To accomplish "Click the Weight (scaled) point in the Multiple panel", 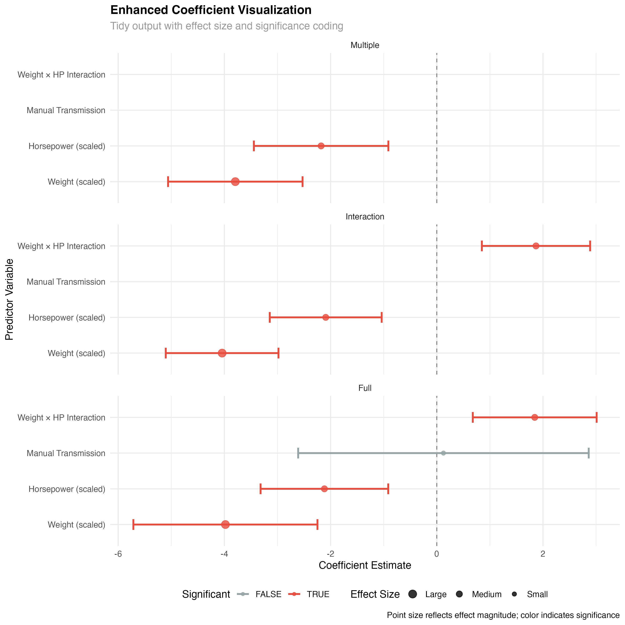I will coord(235,182).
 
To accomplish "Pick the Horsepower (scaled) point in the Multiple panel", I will coord(321,146).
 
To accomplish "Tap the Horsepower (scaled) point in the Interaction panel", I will coord(326,317).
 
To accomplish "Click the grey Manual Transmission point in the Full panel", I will coord(443,453).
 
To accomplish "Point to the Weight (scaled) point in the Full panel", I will coord(225,524).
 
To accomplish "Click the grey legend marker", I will coord(243,594).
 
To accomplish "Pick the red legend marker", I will coord(294,594).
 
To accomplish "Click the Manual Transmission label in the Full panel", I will coord(66,453).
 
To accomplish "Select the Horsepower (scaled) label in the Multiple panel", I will coord(67,146).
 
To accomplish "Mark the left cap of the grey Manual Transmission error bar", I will coord(298,453).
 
